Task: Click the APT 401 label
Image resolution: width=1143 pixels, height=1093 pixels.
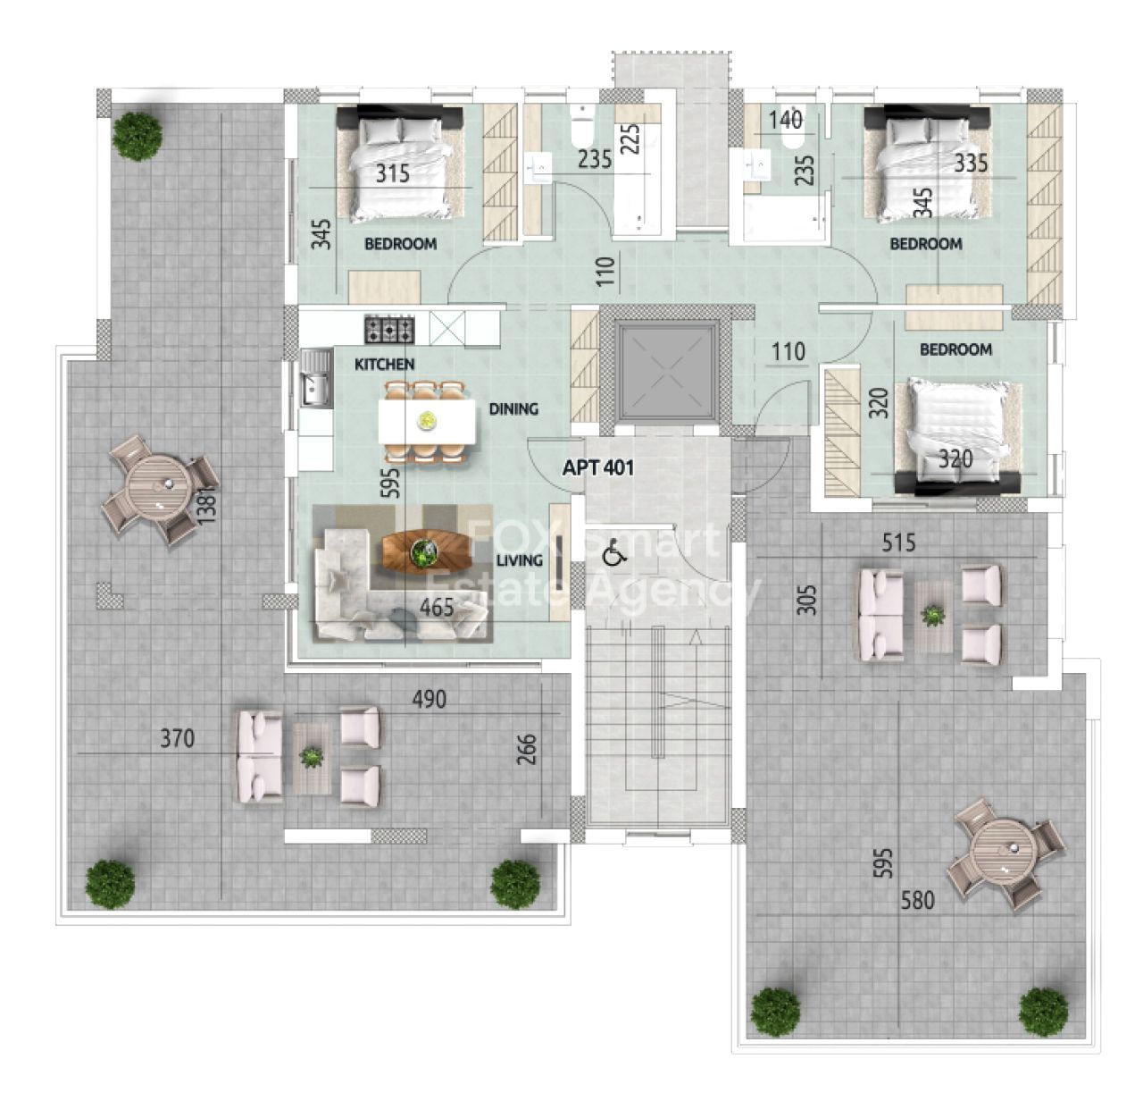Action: point(598,468)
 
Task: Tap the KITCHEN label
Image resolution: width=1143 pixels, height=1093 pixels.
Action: point(384,365)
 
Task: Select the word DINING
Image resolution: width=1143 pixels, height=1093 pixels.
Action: point(514,408)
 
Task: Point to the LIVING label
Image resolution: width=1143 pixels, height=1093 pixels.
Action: point(519,560)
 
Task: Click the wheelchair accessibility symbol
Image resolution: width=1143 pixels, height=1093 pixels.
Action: point(613,553)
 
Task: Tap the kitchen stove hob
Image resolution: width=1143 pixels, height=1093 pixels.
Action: point(389,329)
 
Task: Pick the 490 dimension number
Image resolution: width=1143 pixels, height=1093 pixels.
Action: point(430,699)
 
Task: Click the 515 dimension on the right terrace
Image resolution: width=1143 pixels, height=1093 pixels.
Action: point(898,542)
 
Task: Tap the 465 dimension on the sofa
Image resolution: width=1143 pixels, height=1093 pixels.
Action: point(437,607)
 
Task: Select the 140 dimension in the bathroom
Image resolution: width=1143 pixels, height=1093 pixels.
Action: point(785,120)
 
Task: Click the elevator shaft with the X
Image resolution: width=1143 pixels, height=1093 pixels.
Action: point(668,372)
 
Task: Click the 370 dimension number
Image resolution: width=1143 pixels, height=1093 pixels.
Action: point(178,738)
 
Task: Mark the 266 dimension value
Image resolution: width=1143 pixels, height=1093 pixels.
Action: point(527,749)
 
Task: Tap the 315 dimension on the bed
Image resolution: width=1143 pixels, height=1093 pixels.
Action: point(393,173)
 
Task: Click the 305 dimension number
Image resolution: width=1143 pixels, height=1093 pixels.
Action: point(809,600)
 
